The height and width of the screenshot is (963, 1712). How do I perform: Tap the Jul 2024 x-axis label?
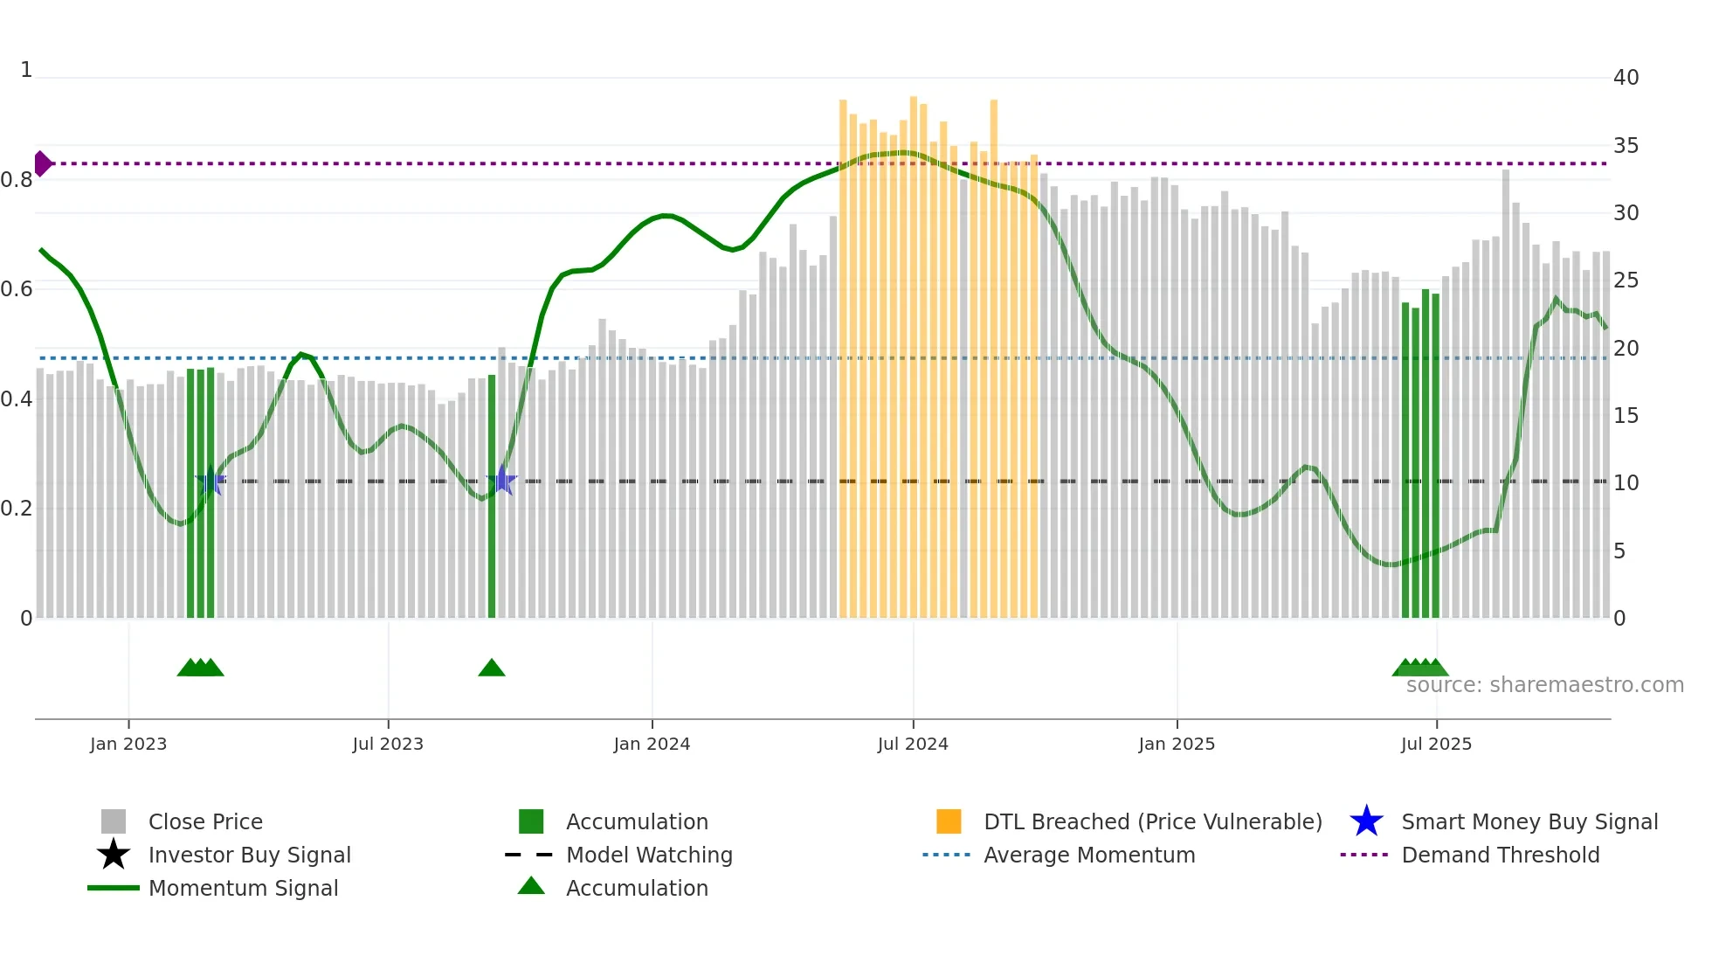(x=913, y=745)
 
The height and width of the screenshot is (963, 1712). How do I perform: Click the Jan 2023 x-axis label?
(x=128, y=745)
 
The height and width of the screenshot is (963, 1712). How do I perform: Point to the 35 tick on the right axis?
(x=1626, y=146)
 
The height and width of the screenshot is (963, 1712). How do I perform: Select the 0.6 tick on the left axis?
(x=17, y=289)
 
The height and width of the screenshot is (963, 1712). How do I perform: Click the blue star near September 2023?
(x=502, y=481)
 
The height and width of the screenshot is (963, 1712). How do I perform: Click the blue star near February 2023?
(x=211, y=481)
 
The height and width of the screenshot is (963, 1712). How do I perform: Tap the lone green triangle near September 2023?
(x=492, y=669)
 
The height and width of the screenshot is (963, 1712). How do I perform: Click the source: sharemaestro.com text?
(x=1544, y=685)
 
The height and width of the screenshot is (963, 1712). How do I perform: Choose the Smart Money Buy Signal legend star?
(x=1366, y=822)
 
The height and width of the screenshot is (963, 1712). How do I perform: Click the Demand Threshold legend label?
(x=1500, y=856)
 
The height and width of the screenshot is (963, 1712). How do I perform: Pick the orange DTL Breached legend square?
(x=949, y=822)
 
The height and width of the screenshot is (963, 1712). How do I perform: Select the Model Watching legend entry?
(x=649, y=856)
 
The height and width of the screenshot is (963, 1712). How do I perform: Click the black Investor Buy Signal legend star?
(x=114, y=856)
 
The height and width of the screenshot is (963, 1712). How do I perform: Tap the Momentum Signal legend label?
(x=243, y=889)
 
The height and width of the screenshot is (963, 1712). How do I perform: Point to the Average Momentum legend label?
(x=1089, y=856)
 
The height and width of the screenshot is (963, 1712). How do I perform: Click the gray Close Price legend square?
(x=114, y=822)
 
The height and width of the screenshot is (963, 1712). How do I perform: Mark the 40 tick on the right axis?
(x=1626, y=78)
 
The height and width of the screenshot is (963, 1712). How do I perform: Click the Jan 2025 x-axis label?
(x=1177, y=745)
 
